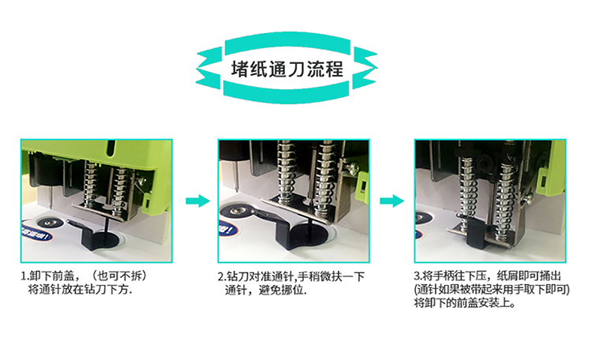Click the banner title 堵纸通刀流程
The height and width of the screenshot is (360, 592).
tap(287, 69)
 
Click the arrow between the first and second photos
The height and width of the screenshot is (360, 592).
tap(197, 201)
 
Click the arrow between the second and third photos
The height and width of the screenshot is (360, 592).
tap(392, 201)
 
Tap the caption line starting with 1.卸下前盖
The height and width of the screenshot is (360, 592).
tap(84, 276)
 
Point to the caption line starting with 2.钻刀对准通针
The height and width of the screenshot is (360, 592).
tap(291, 276)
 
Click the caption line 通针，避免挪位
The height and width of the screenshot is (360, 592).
tap(266, 290)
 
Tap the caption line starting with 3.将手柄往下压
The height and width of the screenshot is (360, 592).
tap(488, 276)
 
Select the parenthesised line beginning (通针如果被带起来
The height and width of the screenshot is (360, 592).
tap(492, 290)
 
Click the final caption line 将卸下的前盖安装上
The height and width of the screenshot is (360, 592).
tap(465, 303)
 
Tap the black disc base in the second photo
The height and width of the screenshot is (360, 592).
tap(309, 235)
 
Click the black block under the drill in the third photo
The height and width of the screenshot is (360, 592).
tap(476, 234)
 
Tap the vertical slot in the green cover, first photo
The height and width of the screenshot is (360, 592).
tap(111, 148)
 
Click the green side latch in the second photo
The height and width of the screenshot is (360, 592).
tap(362, 186)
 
